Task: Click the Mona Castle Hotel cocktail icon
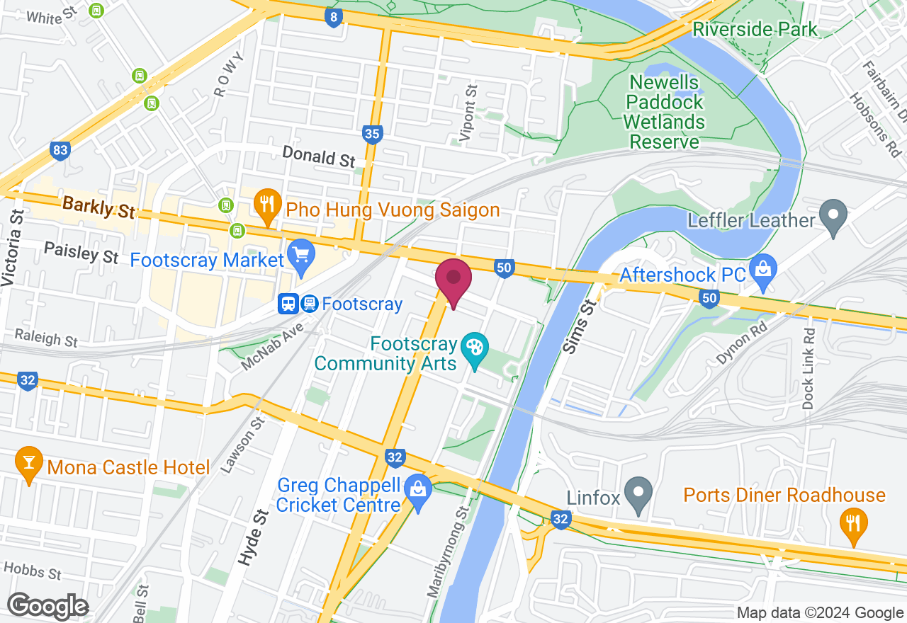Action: (28, 464)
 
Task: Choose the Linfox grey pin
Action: (641, 494)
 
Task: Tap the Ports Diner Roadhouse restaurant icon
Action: (853, 524)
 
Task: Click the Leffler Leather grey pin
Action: (833, 216)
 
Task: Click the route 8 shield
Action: (333, 18)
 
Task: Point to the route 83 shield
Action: (60, 150)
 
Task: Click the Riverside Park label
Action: (755, 30)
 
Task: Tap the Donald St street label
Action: (318, 156)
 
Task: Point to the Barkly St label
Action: (98, 207)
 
